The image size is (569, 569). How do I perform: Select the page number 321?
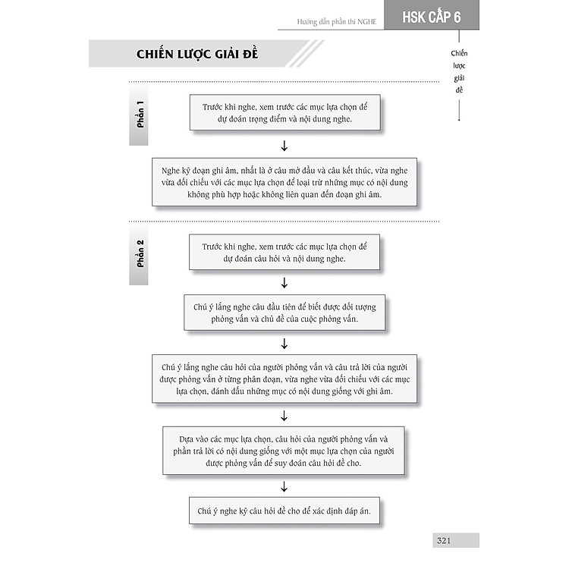click(x=445, y=540)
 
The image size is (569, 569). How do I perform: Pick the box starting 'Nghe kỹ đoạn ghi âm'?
click(x=284, y=183)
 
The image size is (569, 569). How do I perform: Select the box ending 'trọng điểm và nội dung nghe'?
click(x=284, y=113)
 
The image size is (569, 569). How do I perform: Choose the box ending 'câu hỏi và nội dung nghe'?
click(x=284, y=253)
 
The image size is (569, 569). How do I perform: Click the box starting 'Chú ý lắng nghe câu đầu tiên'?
click(x=284, y=313)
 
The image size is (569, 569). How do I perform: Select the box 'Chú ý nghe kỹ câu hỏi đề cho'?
click(x=284, y=511)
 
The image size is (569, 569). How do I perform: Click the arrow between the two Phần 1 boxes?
click(x=284, y=146)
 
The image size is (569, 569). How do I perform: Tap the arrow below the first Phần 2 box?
click(x=284, y=282)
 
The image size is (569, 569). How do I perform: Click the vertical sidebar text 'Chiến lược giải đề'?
click(x=459, y=71)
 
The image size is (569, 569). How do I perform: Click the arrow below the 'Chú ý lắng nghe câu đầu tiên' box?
click(x=284, y=344)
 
